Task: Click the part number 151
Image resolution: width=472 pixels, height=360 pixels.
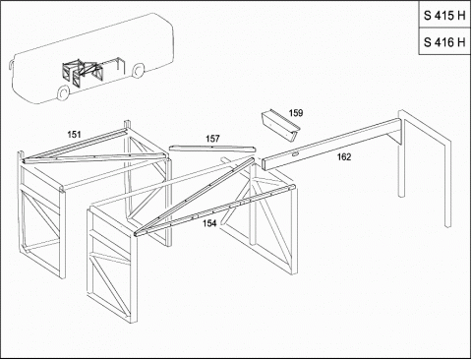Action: click(x=74, y=135)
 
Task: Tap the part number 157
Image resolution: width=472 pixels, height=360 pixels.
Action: click(x=212, y=139)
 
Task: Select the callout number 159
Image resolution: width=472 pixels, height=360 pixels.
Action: click(x=296, y=113)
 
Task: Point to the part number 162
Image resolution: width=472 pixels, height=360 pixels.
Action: click(x=344, y=157)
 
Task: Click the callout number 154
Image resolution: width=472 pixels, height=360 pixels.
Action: click(x=209, y=223)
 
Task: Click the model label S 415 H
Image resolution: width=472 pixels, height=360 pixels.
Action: click(x=444, y=16)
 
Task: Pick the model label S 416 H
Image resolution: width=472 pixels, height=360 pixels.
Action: click(x=444, y=42)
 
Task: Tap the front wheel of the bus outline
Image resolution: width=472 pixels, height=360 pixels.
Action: click(x=63, y=93)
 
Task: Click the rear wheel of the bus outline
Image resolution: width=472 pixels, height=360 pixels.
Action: click(x=139, y=71)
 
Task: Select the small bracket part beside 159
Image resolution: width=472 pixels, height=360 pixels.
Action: click(x=280, y=126)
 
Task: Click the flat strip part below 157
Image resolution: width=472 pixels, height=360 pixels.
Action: click(x=212, y=149)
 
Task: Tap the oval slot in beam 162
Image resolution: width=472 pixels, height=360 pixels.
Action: click(x=295, y=153)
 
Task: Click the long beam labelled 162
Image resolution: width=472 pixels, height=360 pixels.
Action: click(x=331, y=145)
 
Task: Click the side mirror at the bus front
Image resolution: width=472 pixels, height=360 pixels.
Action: click(x=11, y=65)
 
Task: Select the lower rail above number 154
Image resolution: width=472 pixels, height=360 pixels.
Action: click(x=215, y=210)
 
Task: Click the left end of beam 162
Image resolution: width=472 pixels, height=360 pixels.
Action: click(x=265, y=164)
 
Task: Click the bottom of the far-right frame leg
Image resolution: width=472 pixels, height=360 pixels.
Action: click(x=447, y=225)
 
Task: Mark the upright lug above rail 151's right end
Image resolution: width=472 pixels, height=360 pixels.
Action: click(x=127, y=125)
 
